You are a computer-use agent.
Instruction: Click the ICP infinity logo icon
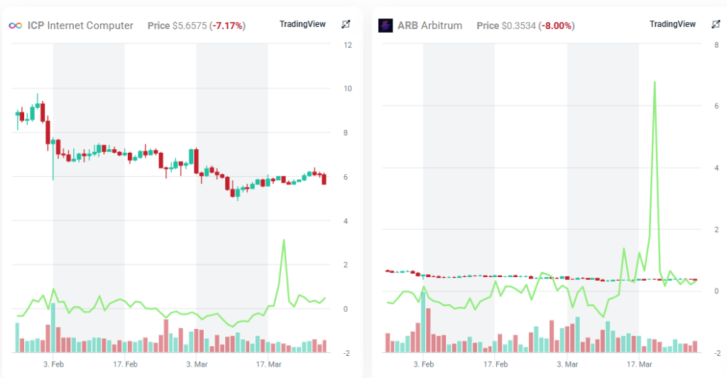point(14,26)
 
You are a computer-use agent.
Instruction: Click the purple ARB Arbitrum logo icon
point(386,26)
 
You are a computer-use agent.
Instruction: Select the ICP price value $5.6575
point(190,26)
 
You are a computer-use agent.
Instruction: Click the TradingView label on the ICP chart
point(302,24)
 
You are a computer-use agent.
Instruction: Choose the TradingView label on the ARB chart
point(672,24)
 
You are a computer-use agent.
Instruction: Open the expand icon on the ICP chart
point(346,24)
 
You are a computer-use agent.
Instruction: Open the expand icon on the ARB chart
point(716,24)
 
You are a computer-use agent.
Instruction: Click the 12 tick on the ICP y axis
point(348,45)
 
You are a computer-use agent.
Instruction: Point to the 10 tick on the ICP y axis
point(348,89)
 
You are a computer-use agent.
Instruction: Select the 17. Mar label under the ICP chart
point(268,364)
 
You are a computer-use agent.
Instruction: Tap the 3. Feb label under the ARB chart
point(424,364)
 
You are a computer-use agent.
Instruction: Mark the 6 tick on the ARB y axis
point(718,106)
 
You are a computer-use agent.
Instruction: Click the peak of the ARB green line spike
point(654,82)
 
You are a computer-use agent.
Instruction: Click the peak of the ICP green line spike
point(284,240)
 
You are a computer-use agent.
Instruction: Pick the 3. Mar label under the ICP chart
point(197,364)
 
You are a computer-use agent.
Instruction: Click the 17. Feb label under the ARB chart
point(496,364)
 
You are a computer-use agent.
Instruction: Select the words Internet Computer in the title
point(91,26)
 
